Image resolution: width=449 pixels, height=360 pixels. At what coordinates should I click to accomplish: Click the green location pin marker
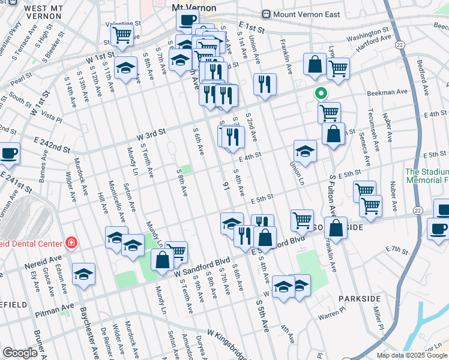[321, 94]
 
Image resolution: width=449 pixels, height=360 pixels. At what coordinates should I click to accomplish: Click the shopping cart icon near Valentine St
[122, 35]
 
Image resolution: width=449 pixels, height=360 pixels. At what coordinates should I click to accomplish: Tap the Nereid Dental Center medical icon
[71, 243]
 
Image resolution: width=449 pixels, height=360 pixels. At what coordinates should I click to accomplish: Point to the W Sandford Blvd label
[202, 269]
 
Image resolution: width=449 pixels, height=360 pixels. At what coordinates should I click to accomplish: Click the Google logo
[20, 352]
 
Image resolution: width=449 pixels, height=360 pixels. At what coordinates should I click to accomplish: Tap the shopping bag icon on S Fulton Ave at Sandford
[337, 228]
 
